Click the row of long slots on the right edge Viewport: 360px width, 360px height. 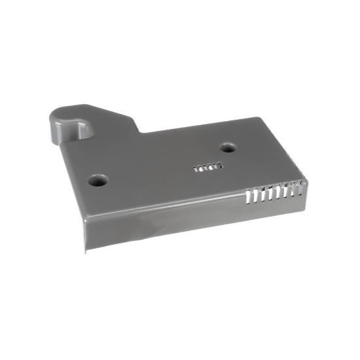[x=273, y=194]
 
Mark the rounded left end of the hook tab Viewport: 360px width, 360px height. [x=53, y=125]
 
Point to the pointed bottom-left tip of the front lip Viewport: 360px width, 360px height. [x=85, y=252]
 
